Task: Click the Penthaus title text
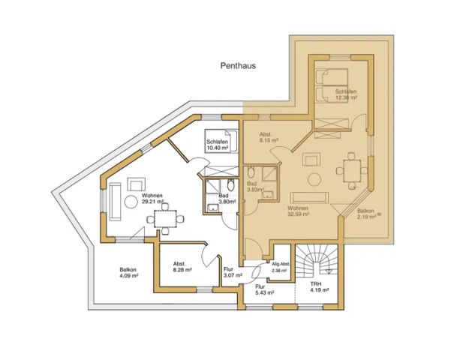pyautogui.click(x=238, y=65)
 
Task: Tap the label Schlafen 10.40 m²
pyautogui.click(x=218, y=144)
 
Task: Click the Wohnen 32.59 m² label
pyautogui.click(x=299, y=209)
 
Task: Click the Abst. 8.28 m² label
pyautogui.click(x=182, y=267)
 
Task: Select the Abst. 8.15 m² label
pyautogui.click(x=269, y=136)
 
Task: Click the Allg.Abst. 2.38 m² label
pyautogui.click(x=280, y=268)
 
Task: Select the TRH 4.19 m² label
pyautogui.click(x=319, y=288)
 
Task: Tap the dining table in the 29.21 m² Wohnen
pyautogui.click(x=168, y=217)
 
